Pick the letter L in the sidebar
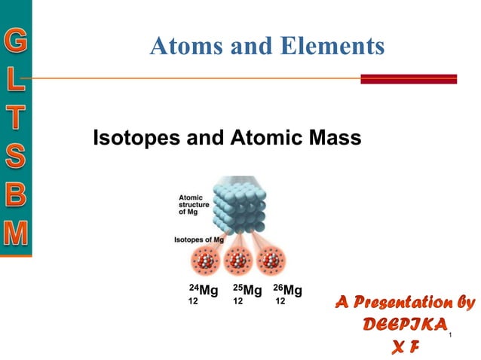click(x=16, y=78)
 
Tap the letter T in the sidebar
click(x=16, y=116)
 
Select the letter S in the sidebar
click(x=16, y=154)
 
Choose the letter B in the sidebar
click(x=16, y=194)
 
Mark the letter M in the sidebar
click(x=16, y=233)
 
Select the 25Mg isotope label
click(x=247, y=291)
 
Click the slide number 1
click(x=449, y=334)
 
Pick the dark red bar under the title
click(x=409, y=78)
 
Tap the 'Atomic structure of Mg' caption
click(x=195, y=205)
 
